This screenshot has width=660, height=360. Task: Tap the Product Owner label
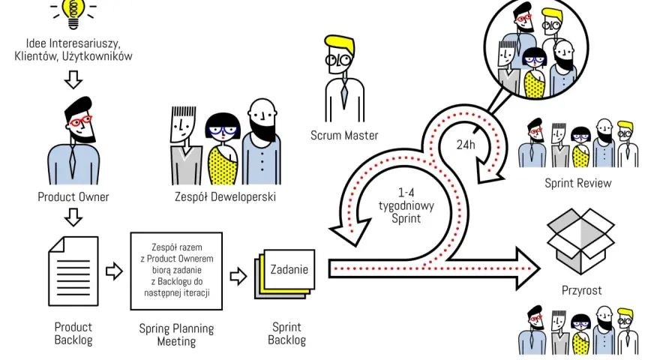coord(73,197)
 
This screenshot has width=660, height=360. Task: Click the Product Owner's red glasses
coord(80,121)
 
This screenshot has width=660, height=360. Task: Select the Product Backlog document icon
coord(73,271)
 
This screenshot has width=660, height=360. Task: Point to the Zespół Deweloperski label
coord(225,197)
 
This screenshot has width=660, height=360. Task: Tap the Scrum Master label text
coord(344,136)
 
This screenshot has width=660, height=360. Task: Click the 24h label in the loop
coord(466,145)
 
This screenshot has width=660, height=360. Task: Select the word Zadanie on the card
coord(289,269)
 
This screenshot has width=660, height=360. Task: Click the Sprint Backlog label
coord(286,334)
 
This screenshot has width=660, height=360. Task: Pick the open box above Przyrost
coord(580,241)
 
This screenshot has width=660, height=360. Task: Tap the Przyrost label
coord(581,290)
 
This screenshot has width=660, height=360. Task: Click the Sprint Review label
coord(578,183)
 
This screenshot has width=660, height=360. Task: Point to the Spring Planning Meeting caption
coord(176,334)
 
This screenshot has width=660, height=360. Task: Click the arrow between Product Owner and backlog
coord(73,217)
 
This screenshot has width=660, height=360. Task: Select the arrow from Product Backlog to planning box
coord(114,271)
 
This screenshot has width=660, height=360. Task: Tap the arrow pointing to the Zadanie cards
coord(238,277)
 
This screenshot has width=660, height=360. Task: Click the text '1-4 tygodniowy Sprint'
coord(406,206)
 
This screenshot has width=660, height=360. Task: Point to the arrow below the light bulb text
coord(73,79)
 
